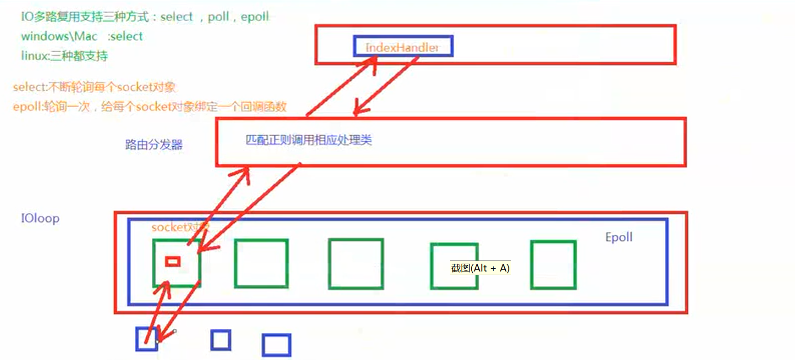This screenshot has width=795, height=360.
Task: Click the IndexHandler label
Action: [402, 47]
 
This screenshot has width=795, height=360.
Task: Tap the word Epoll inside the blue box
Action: [618, 237]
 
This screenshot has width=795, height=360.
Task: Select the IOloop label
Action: [40, 218]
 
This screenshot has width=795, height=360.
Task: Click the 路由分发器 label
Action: [154, 145]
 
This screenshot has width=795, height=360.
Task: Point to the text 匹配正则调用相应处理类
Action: [309, 140]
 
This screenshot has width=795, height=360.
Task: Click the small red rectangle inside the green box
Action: [173, 261]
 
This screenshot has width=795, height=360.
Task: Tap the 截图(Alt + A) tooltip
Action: [480, 268]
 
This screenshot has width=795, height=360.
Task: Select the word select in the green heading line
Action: [177, 17]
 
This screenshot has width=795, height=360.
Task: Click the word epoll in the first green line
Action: [254, 17]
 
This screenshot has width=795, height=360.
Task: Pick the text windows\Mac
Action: [59, 36]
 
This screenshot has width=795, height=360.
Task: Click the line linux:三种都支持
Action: [64, 56]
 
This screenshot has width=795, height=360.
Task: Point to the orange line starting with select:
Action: [94, 87]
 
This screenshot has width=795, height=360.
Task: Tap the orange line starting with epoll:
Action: [149, 107]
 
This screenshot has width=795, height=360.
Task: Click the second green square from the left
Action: [261, 264]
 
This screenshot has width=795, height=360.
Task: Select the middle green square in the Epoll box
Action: [356, 264]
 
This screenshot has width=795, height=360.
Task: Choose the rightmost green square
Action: [553, 265]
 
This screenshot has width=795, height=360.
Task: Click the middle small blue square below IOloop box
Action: [221, 340]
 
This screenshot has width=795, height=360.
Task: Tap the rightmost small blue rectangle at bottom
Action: [276, 345]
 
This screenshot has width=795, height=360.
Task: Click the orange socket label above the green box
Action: [179, 227]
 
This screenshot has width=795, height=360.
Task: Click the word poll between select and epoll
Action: [218, 17]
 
